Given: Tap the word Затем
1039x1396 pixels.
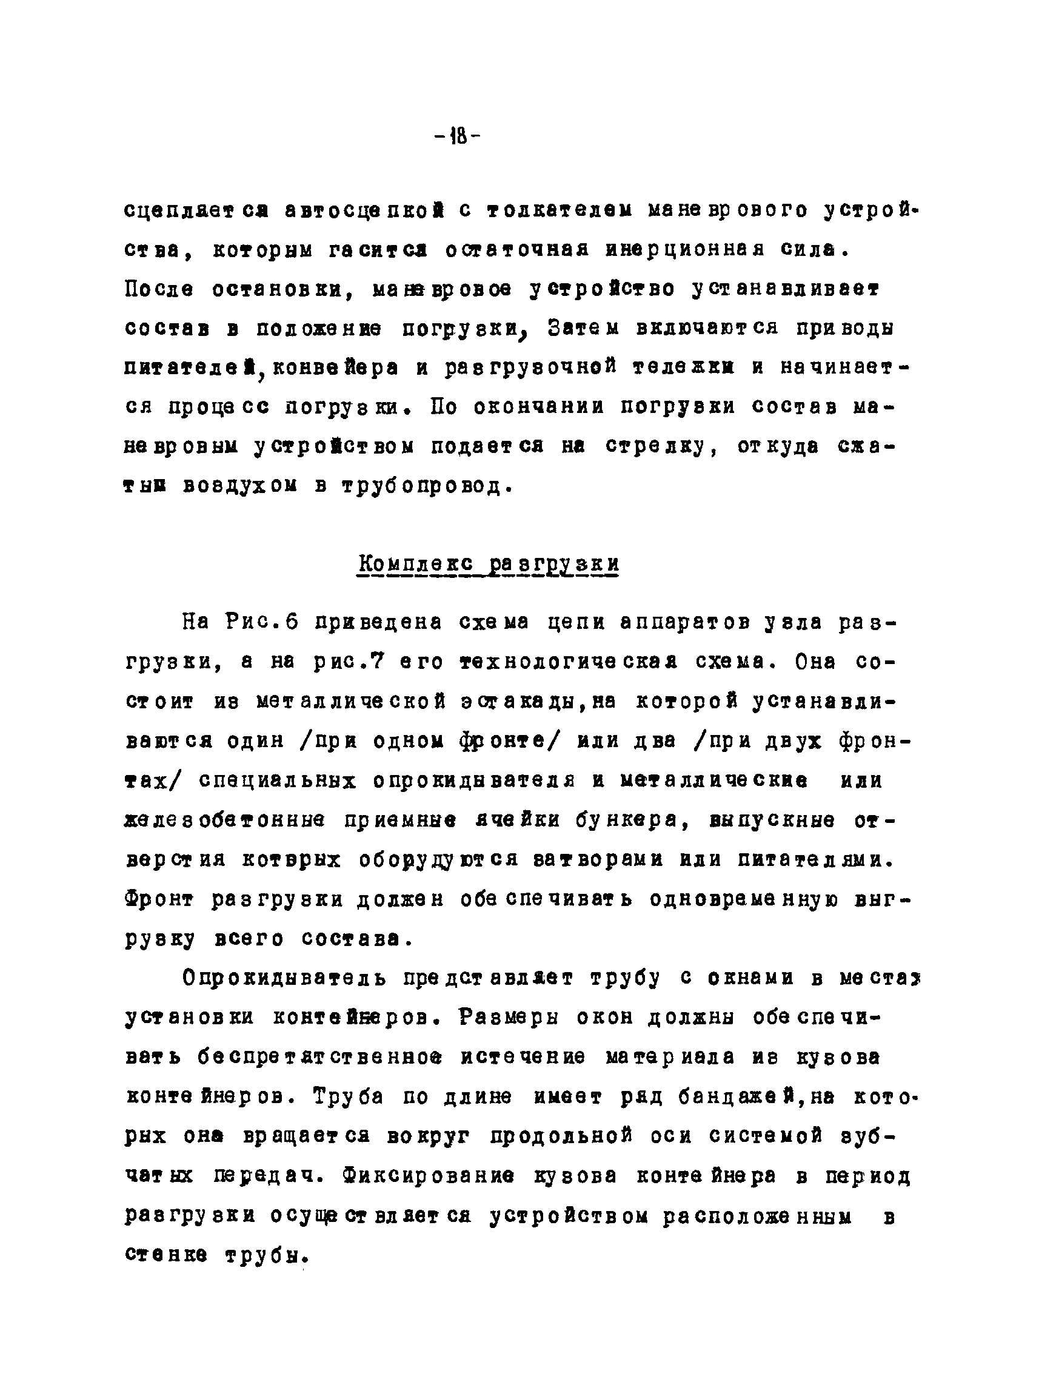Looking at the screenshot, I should (x=583, y=327).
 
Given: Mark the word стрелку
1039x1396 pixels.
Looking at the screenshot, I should (x=661, y=446).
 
